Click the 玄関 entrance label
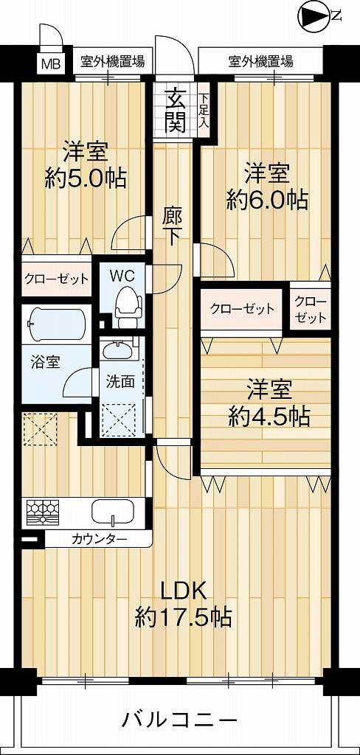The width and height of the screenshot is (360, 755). (x=175, y=110)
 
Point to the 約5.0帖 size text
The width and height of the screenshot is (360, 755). (x=85, y=178)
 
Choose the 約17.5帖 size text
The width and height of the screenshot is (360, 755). (x=183, y=616)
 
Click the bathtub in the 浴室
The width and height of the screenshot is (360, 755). (x=56, y=322)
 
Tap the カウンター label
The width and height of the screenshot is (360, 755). (x=99, y=539)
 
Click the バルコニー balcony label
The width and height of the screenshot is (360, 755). (x=179, y=719)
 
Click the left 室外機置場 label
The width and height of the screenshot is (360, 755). (x=112, y=60)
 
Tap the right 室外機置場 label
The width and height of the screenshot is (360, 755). (x=260, y=60)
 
